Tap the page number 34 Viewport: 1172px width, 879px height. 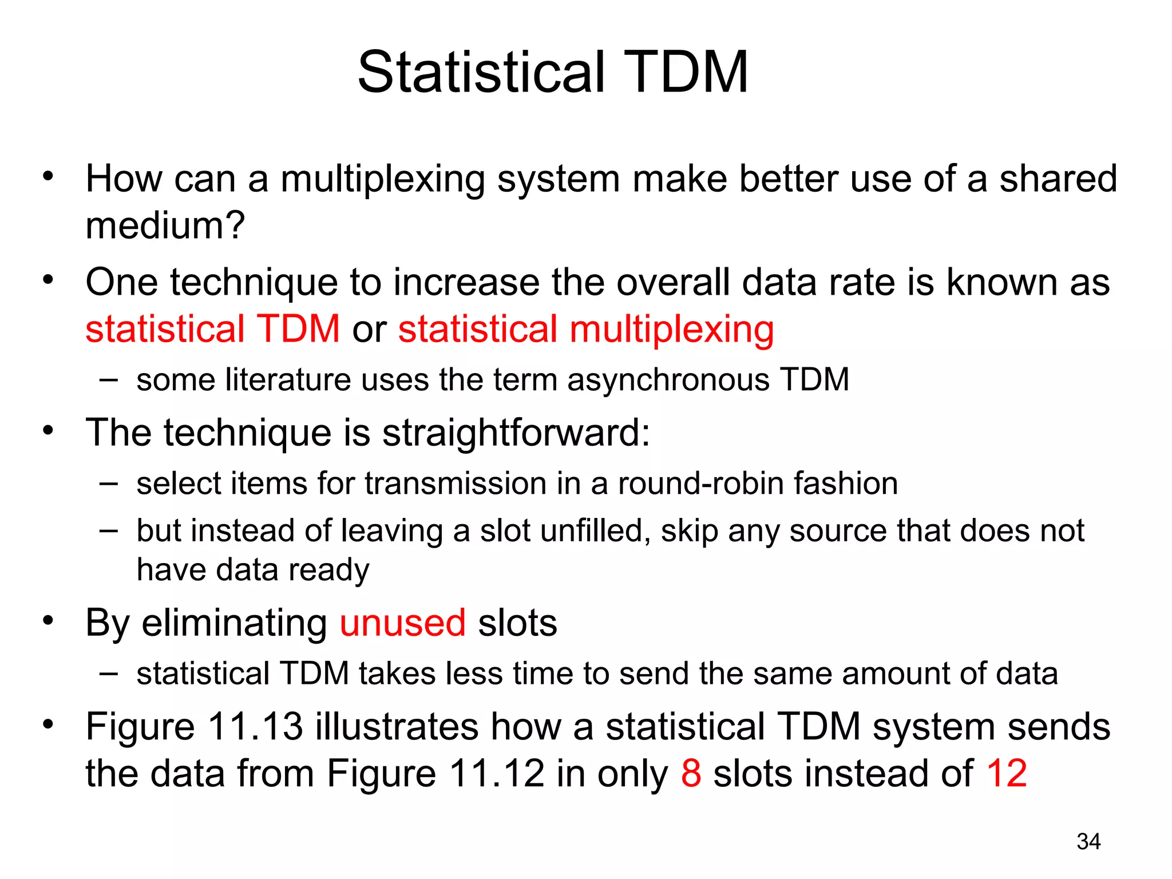point(1088,842)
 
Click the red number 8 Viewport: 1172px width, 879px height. point(691,773)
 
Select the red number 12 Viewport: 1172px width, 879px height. point(1007,773)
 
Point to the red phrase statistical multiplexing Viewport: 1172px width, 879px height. point(586,329)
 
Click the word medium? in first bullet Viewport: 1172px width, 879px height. point(165,225)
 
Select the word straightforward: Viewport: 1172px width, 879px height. point(516,433)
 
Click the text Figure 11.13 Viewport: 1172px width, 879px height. point(193,727)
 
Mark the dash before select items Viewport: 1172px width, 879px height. point(108,484)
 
